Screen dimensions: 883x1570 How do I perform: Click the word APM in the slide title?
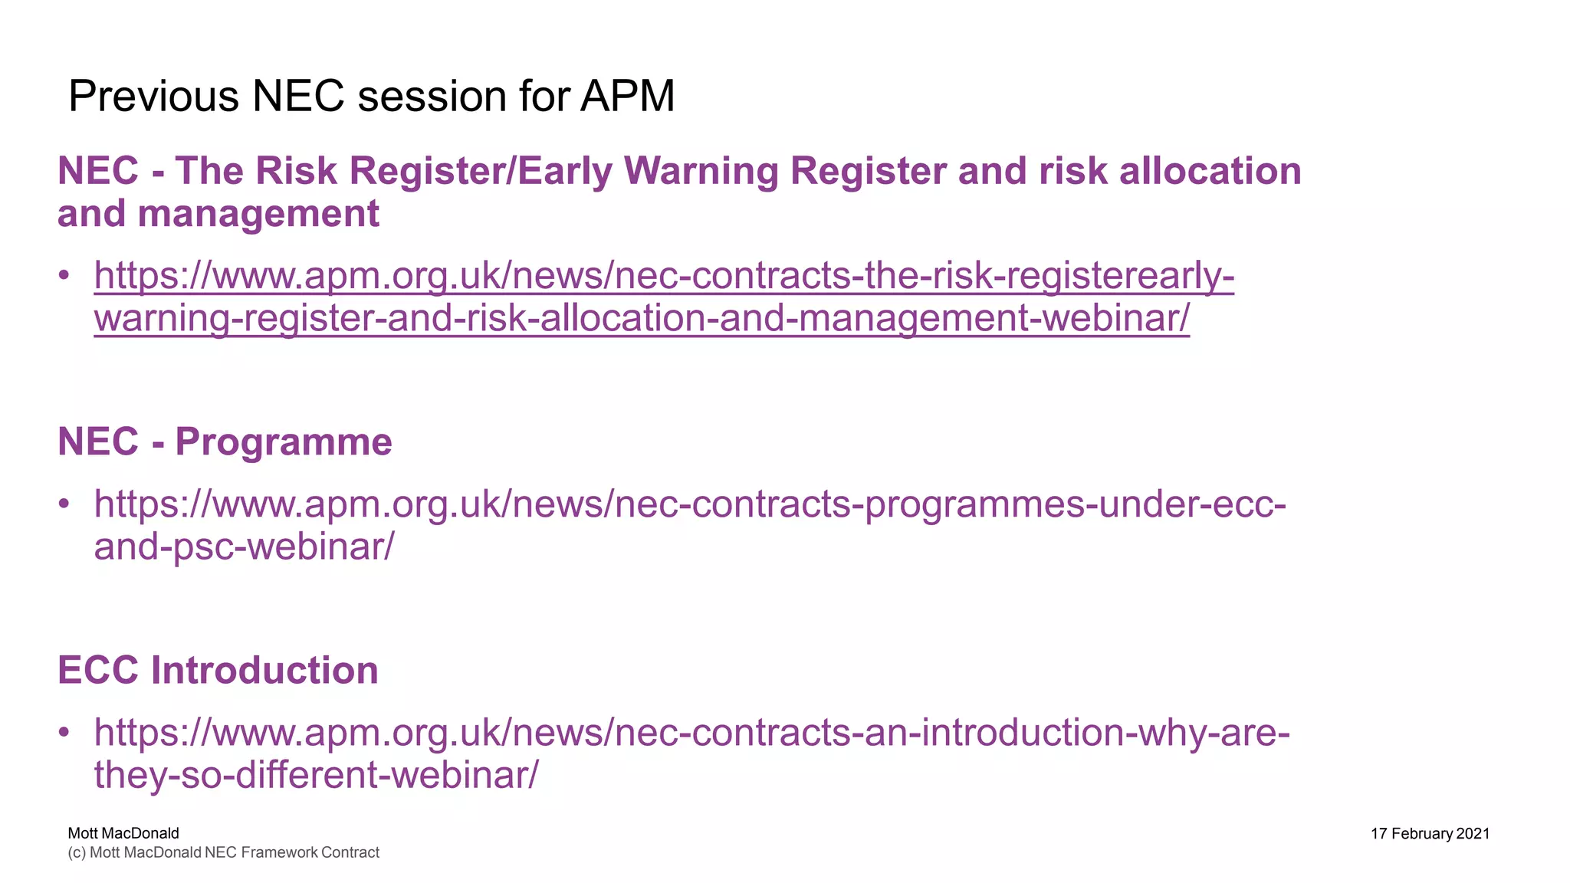[626, 97]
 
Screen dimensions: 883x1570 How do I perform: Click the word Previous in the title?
[153, 97]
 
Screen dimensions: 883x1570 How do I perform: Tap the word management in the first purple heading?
[258, 214]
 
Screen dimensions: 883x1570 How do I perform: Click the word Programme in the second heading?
[283, 442]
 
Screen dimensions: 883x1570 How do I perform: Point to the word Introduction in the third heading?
[264, 671]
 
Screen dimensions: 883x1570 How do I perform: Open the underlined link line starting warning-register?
[641, 318]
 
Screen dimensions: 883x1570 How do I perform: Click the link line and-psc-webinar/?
[244, 547]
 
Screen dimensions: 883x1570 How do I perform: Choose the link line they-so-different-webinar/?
[316, 775]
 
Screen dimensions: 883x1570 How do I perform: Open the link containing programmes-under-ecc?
[690, 504]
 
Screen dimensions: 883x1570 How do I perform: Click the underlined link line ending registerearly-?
[664, 275]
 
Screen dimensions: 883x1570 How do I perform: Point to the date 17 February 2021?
[1430, 834]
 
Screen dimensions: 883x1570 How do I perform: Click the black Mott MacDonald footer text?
[123, 833]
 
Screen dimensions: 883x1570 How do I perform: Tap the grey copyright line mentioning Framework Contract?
[223, 853]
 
